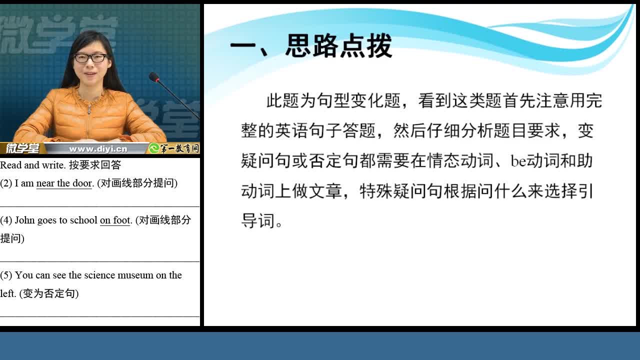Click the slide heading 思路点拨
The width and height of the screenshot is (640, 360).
pos(339,45)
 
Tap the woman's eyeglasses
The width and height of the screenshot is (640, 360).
pos(90,58)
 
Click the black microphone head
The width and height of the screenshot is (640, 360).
pos(154,77)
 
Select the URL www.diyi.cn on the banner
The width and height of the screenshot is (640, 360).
pos(98,149)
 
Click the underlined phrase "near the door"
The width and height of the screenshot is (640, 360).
pos(64,183)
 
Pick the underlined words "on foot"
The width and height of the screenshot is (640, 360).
pos(115,220)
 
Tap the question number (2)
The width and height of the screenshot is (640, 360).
pos(6,183)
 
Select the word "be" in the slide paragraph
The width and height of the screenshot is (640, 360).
pos(518,161)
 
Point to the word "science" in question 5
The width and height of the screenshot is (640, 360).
pos(99,275)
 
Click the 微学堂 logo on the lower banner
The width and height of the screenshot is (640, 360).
pos(22,148)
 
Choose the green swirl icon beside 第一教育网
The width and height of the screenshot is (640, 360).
pos(154,148)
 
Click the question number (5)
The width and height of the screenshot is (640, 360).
pos(6,275)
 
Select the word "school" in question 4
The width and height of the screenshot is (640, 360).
pos(83,220)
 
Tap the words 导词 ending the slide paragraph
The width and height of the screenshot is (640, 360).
pos(257,221)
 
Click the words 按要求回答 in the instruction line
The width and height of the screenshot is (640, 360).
pos(95,165)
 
